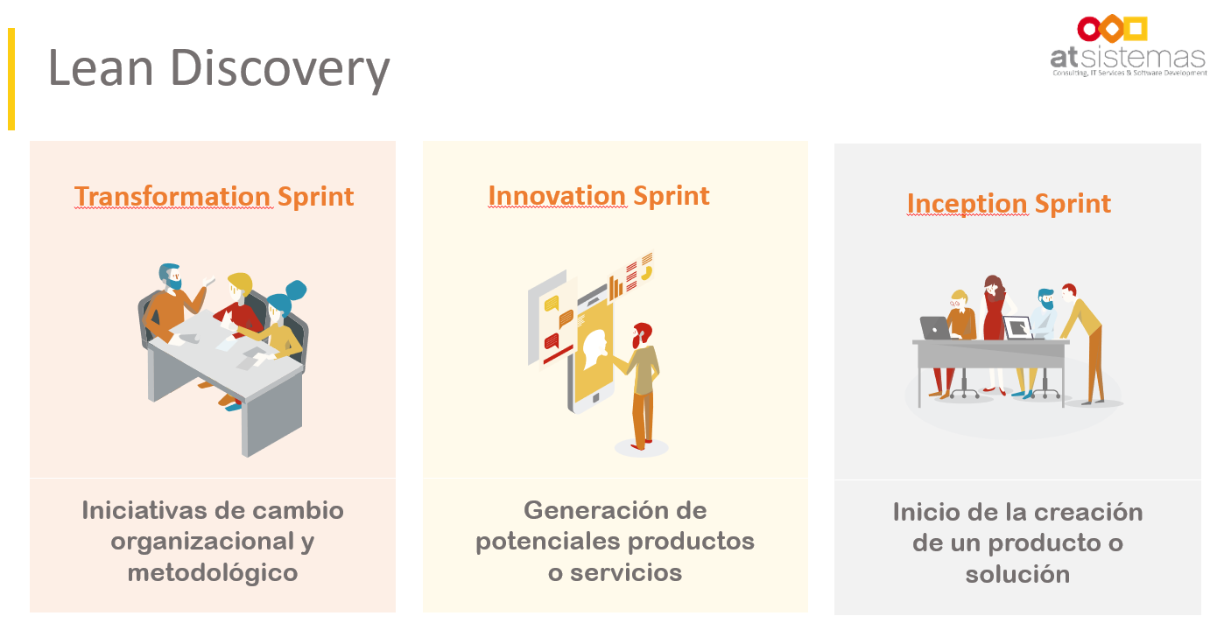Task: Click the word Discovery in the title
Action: coord(280,69)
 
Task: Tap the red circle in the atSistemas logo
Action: coord(1089,29)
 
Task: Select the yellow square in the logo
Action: coord(1136,29)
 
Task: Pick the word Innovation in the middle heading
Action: coord(557,195)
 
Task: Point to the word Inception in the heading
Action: coord(967,204)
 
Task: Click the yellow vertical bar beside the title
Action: coord(11,79)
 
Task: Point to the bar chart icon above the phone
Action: coord(616,288)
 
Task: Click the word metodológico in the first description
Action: coord(213,573)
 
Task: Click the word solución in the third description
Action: coord(1017,574)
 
